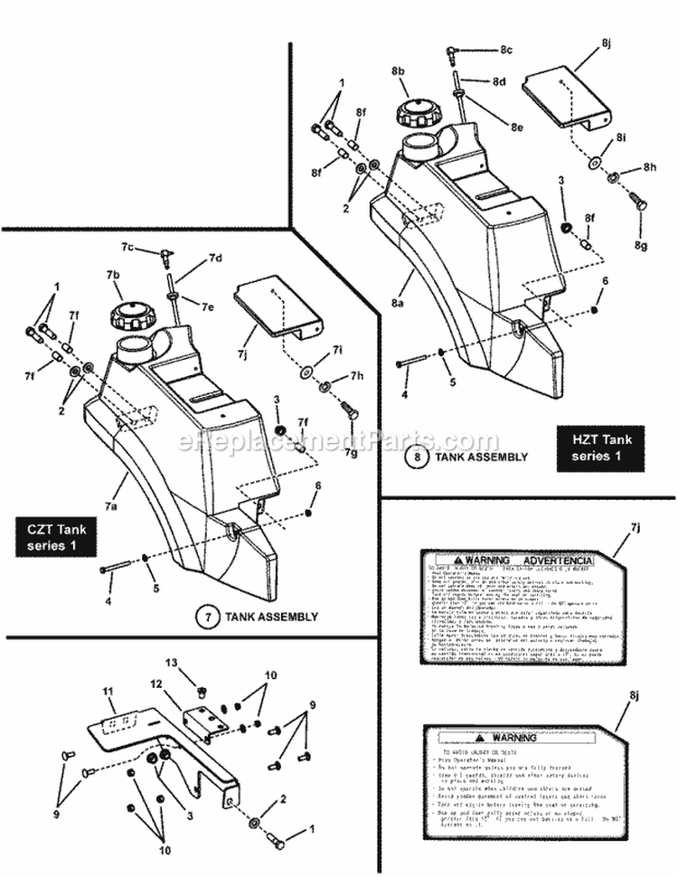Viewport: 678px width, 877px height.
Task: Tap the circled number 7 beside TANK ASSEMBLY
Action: pyautogui.click(x=208, y=618)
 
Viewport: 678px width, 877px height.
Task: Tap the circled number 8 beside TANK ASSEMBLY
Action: pyautogui.click(x=417, y=457)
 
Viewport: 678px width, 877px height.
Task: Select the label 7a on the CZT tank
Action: pyautogui.click(x=109, y=506)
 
